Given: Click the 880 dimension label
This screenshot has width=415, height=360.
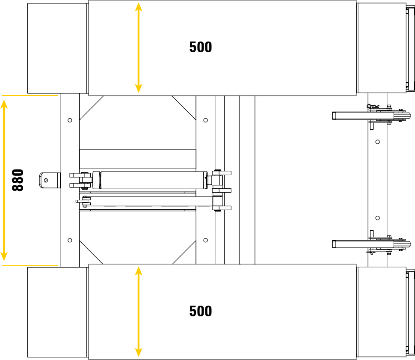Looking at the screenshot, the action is [18, 180].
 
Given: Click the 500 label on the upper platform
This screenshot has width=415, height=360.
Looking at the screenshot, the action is [201, 47].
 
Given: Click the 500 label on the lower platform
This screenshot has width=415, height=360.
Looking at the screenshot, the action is [201, 311].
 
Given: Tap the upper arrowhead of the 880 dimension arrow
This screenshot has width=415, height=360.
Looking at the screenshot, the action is [4, 104].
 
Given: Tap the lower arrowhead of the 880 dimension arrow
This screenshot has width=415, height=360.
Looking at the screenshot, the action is [4, 256].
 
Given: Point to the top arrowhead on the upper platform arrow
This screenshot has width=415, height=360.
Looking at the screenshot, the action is [139, 6].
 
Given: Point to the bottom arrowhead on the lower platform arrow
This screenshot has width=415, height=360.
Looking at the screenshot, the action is [139, 352].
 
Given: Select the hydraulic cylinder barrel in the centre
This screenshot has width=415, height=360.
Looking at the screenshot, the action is [154, 180].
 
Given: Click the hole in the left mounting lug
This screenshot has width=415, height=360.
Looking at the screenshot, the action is [46, 180].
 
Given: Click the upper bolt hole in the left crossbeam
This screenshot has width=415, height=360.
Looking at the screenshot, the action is [70, 120].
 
